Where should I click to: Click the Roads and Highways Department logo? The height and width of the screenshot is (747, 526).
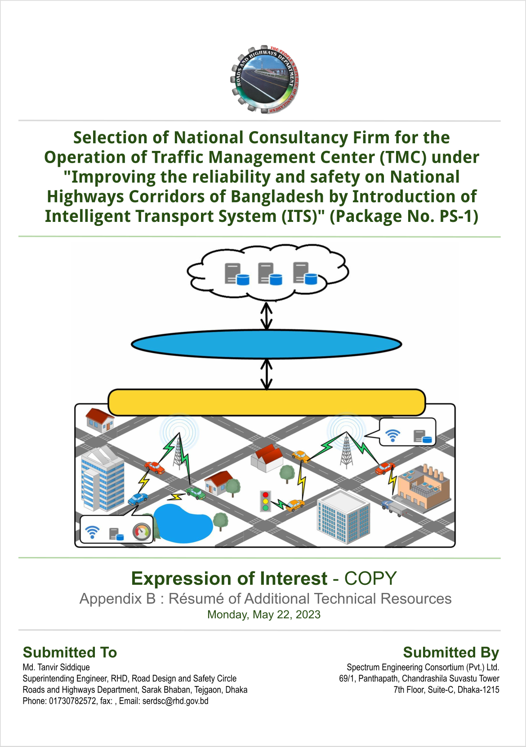(264, 79)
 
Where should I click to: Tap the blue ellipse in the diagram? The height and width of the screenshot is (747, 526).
(266, 344)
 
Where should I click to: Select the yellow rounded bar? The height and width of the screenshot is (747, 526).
(267, 402)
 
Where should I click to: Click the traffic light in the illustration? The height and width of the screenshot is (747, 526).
(265, 501)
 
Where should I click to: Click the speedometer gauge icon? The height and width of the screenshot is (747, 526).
(142, 532)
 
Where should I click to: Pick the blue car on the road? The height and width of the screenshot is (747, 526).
(138, 499)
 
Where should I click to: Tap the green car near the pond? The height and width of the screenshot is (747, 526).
(196, 493)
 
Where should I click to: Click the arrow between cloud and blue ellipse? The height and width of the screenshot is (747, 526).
(266, 315)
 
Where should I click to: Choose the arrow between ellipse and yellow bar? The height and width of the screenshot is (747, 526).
(266, 374)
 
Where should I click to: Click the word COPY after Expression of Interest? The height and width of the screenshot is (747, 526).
(370, 579)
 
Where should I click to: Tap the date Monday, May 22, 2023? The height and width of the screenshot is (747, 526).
(263, 614)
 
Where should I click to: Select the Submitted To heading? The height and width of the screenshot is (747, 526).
(70, 652)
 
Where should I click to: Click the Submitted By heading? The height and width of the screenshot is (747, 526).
(451, 652)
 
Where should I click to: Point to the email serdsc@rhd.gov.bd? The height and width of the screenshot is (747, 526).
(175, 701)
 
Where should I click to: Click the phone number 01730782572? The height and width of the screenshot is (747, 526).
(72, 701)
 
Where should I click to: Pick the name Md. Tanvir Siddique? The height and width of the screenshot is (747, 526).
(56, 667)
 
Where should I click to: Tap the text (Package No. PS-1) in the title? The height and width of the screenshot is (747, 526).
(404, 216)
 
